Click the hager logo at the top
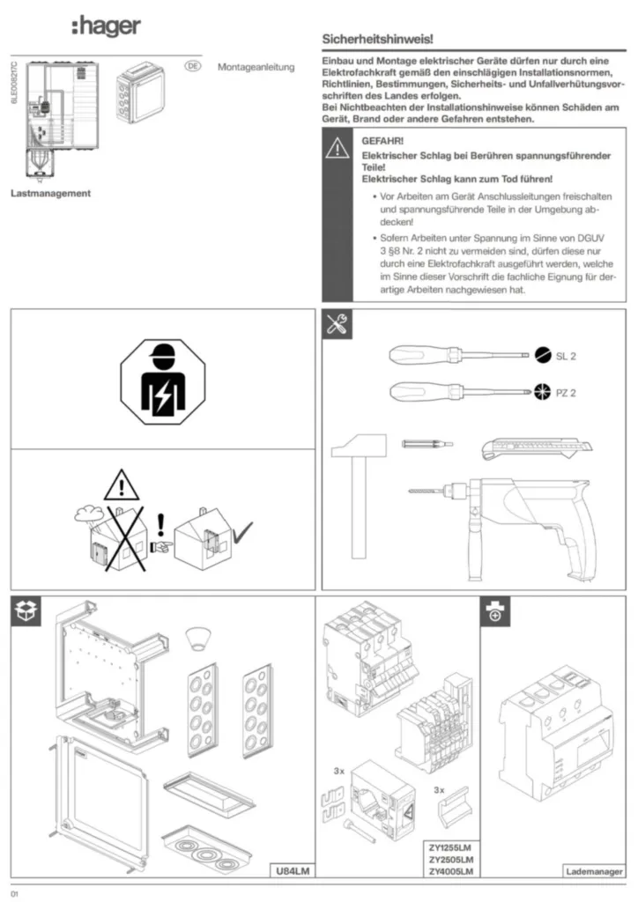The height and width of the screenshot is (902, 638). (106, 27)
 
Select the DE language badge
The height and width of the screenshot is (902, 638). (193, 65)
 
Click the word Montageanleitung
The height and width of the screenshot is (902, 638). (256, 67)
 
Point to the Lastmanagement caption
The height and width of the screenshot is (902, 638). (50, 194)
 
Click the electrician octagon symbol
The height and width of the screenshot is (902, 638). (160, 381)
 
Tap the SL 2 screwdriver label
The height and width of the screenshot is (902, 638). (566, 357)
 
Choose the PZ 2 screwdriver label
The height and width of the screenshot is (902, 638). (566, 389)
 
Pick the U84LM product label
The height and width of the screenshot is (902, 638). (292, 871)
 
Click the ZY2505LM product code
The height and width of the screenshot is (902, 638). (450, 859)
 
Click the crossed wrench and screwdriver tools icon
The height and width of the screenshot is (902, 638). (337, 324)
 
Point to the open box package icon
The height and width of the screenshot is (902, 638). (26, 611)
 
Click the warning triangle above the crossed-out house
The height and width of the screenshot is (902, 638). (122, 484)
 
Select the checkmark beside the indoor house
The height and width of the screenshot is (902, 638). (241, 530)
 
